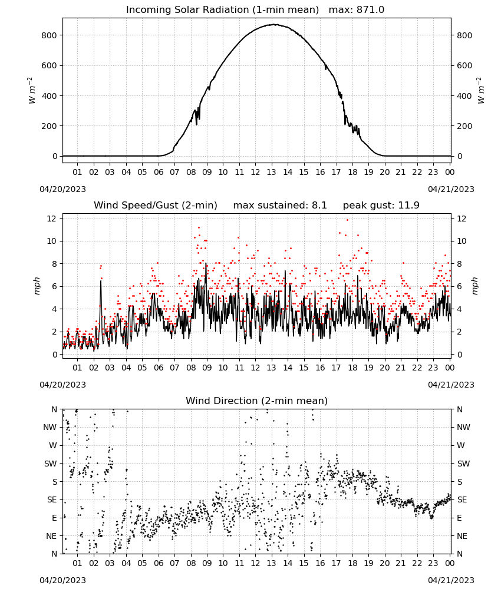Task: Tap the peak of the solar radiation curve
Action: point(275,24)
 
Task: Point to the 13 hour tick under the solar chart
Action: point(271,172)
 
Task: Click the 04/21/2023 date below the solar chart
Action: point(451,189)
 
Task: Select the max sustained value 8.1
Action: point(319,206)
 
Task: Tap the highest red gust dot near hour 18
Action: point(347,220)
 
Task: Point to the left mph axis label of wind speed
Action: point(37,286)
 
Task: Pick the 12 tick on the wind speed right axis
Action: point(461,219)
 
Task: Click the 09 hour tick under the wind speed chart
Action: point(207,368)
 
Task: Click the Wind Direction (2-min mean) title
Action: point(257,401)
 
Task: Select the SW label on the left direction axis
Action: point(51,464)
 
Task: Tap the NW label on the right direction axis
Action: point(463,427)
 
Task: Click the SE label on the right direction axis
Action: point(462,499)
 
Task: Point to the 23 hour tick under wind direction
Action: point(433,563)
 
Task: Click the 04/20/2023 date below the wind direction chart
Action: point(62,580)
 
